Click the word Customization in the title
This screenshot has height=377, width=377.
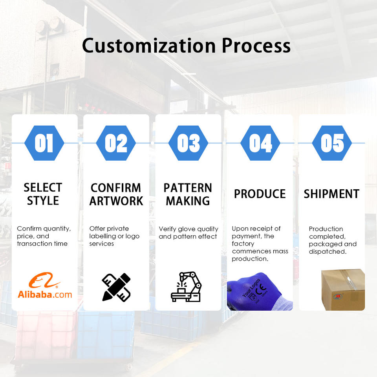[149, 46]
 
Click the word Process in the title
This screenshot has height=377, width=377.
[256, 46]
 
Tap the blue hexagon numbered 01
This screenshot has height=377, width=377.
[44, 143]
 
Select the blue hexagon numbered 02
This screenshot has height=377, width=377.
[116, 143]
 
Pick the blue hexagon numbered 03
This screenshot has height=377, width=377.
[188, 143]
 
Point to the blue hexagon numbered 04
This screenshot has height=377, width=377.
[260, 143]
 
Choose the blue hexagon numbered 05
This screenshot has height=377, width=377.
[332, 143]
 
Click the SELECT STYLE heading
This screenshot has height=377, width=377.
[43, 194]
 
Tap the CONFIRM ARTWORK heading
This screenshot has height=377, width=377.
[116, 194]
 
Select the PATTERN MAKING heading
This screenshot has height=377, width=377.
[188, 194]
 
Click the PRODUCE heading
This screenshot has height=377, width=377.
[260, 194]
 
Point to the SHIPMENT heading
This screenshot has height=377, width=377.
[331, 194]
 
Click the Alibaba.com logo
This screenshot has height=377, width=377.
[45, 285]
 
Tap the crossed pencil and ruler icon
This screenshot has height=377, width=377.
[116, 287]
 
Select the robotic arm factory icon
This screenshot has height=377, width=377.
[186, 287]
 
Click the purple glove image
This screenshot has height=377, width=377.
[260, 291]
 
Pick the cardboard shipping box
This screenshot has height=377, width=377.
[343, 290]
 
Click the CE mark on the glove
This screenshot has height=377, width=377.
[261, 289]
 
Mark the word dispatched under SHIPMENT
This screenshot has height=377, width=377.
[328, 252]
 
